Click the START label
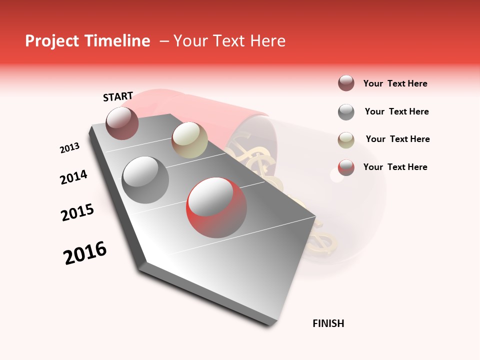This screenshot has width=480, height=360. point(118,96)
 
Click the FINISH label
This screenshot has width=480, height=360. point(328,323)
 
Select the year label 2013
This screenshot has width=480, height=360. point(69,148)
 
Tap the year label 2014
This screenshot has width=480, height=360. point(73,177)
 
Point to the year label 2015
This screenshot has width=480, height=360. point(77,212)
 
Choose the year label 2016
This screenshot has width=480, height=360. point(85,253)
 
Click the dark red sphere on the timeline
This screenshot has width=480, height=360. point(122,123)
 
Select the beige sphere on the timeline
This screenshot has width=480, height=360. point(189,139)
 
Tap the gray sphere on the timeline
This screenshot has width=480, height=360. point(145,179)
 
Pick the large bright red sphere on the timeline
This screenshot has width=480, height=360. point(216,207)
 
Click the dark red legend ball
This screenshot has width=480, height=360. point(346,83)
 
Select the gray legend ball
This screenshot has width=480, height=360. point(346,112)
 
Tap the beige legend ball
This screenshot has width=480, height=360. point(346,139)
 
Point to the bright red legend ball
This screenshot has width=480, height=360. point(346,167)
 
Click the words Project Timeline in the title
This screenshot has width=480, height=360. point(87,41)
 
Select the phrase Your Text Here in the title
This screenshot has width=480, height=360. point(229,41)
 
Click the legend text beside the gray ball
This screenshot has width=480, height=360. point(396,111)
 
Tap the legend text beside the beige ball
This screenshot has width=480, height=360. point(397,139)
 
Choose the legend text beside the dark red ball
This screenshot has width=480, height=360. point(395,83)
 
